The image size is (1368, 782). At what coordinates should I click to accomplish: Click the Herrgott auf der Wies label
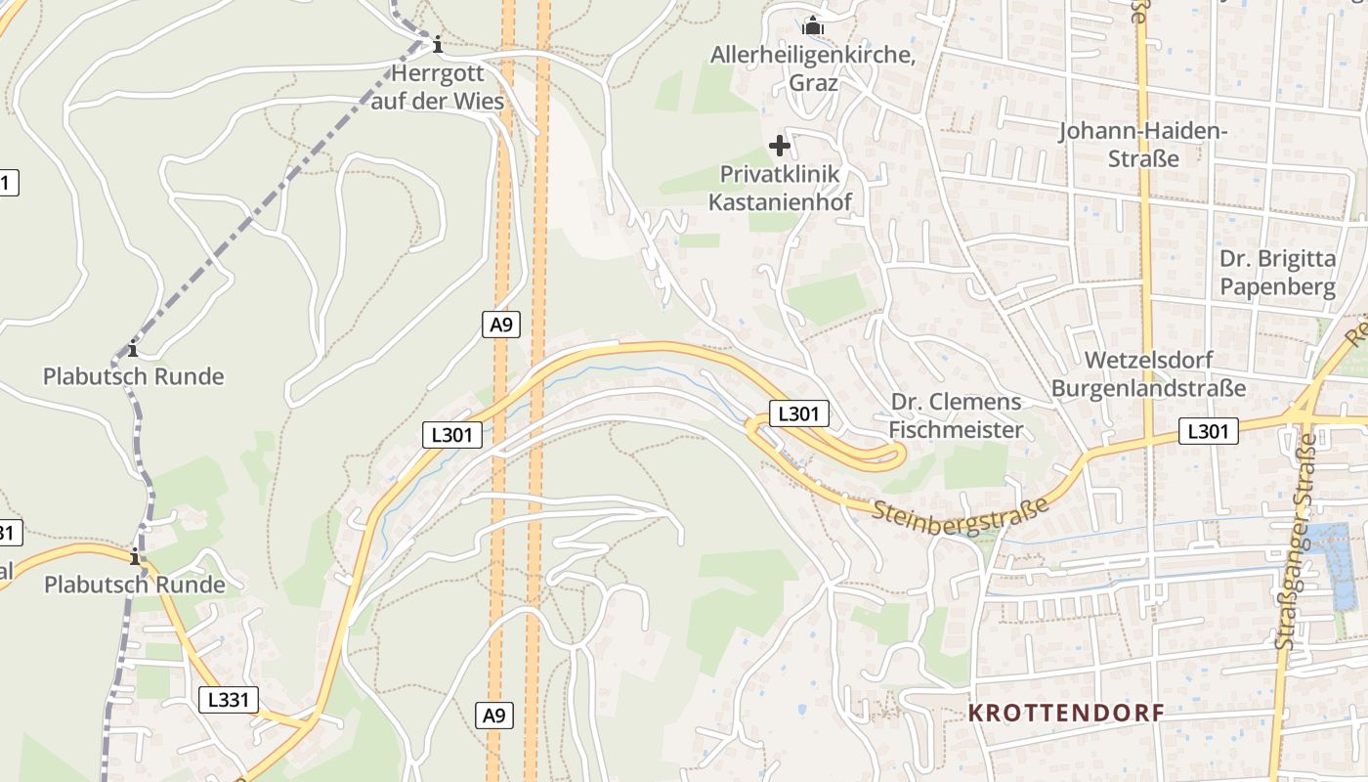437,87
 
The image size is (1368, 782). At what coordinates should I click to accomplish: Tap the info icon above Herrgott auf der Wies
437,44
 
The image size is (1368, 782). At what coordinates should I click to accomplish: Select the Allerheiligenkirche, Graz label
813,68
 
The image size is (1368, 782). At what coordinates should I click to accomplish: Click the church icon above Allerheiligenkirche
813,25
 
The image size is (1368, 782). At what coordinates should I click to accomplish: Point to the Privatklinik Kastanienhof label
780,188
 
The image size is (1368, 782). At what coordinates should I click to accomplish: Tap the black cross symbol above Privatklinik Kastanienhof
780,147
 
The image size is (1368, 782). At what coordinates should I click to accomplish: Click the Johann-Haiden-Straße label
1143,144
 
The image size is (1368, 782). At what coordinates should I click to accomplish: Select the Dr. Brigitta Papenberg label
1277,273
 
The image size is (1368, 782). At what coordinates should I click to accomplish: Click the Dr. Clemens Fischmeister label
957,415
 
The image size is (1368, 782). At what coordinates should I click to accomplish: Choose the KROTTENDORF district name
1066,713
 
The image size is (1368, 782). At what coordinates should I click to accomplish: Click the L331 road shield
230,699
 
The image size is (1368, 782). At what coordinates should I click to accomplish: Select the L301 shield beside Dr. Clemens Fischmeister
798,414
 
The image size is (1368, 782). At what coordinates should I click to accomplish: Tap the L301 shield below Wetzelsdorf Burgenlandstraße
1208,431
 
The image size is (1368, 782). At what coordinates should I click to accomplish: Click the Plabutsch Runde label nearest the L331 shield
135,585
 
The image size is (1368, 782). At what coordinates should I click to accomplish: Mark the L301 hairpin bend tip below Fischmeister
899,454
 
